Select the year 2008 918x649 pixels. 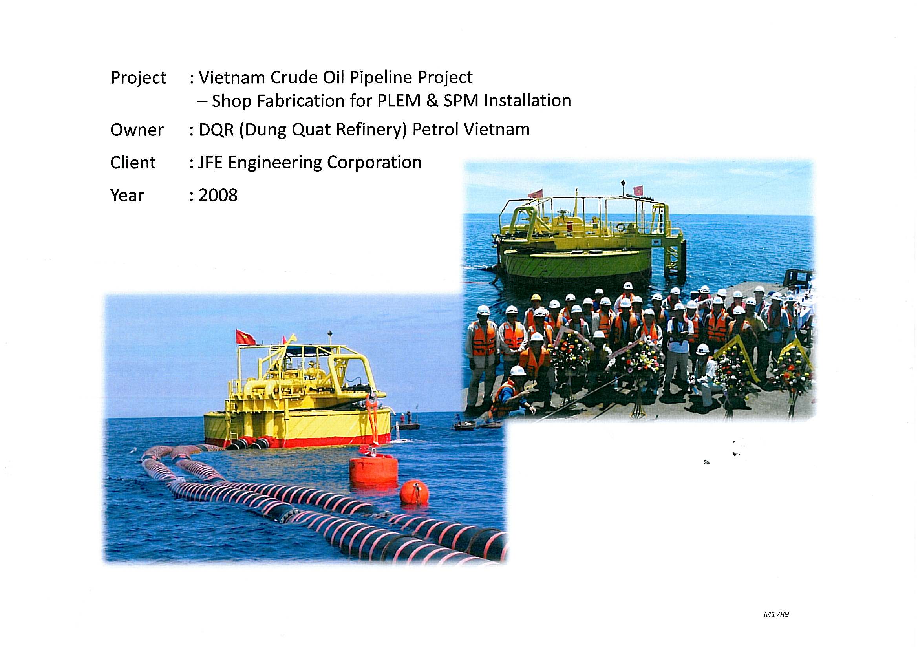218,195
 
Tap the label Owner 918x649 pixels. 137,130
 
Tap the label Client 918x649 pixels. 133,163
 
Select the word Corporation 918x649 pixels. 374,163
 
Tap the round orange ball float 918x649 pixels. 414,492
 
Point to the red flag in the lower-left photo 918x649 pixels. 246,337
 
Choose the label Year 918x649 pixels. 127,196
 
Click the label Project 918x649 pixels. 138,78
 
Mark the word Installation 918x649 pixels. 527,101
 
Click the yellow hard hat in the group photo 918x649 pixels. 536,298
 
